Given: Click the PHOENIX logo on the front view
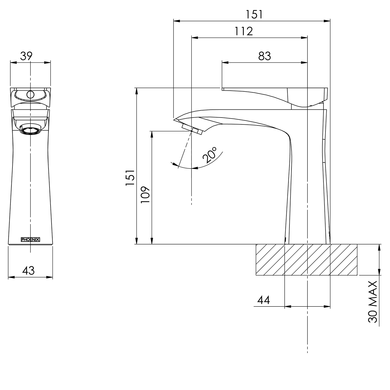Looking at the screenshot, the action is tap(30, 239).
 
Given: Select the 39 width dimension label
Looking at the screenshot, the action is tap(26, 56).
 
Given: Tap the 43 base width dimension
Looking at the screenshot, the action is tap(28, 270).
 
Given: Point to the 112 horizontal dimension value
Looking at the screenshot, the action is tap(244, 31).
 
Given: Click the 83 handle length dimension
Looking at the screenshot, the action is tap(265, 56).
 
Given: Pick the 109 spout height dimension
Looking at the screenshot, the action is tap(145, 195).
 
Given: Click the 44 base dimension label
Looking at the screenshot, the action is tap(264, 300).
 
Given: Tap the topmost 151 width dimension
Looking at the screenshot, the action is tap(254, 14).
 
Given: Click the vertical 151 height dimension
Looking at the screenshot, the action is tap(130, 178).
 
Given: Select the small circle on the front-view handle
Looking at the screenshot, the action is tap(30, 95).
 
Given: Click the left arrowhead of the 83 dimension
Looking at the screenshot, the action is tap(225, 62).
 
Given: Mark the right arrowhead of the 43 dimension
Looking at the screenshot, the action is tap(50, 277).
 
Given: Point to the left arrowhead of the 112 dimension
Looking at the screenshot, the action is tap(195, 38).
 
